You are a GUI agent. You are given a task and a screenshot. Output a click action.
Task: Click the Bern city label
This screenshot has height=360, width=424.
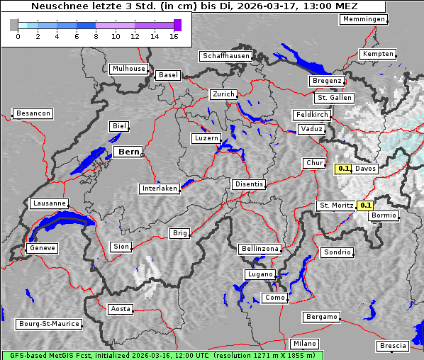click(x=128, y=152)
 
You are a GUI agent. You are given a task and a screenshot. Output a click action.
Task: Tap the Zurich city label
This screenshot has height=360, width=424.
click(x=223, y=94)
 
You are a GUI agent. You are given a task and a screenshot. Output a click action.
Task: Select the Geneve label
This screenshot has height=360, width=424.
click(x=42, y=248)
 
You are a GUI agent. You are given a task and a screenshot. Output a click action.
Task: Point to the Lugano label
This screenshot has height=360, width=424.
click(x=260, y=274)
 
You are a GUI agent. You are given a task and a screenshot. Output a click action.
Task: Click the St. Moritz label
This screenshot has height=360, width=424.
click(x=336, y=206)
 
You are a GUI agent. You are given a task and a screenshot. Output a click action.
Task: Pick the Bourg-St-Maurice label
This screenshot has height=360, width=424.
click(x=48, y=324)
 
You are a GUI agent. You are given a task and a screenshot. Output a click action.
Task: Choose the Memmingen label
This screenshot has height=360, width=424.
click(x=363, y=19)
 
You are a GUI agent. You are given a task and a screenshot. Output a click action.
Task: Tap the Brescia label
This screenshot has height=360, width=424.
click(x=393, y=346)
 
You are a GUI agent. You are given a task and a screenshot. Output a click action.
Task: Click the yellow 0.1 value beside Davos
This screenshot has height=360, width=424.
click(x=343, y=169)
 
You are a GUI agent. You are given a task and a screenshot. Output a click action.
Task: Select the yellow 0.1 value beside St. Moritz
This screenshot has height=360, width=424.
click(x=366, y=206)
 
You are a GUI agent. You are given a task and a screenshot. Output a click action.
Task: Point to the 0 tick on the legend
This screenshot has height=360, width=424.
click(x=18, y=37)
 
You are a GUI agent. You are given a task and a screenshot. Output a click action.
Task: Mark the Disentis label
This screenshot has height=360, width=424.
click(x=249, y=184)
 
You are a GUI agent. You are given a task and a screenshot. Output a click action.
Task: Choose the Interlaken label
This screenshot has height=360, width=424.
click(x=160, y=189)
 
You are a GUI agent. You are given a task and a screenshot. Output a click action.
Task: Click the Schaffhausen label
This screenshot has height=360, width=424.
click(x=226, y=55)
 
